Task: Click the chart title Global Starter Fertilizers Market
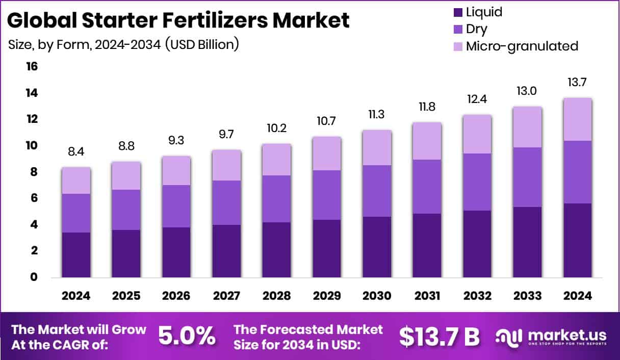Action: click(178, 20)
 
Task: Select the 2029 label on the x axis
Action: click(326, 296)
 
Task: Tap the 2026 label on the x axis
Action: click(176, 296)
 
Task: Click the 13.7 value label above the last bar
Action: click(577, 82)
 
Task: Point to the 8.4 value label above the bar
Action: click(76, 151)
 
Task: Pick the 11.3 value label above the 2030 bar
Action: click(377, 114)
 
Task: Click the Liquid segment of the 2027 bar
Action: click(226, 251)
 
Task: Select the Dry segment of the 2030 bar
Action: click(377, 191)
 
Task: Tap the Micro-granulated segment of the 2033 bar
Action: click(527, 127)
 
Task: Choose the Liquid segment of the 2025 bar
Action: click(126, 253)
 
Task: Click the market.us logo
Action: click(551, 337)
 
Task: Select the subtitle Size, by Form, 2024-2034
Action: click(124, 44)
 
